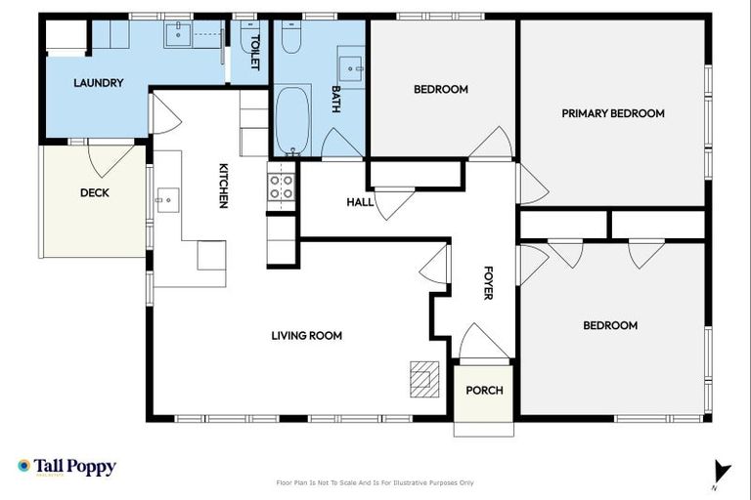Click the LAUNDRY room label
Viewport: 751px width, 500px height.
coord(99,83)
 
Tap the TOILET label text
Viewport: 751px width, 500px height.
coord(255,50)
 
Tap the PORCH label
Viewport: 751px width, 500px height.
coord(484,391)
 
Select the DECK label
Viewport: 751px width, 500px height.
coord(95,193)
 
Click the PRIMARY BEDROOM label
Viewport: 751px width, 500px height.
coord(613,113)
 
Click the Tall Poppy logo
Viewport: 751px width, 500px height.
coord(66,467)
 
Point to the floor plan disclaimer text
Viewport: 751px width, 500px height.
coord(375,482)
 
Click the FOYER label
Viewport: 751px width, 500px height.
coord(489,282)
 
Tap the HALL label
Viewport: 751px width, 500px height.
coord(360,202)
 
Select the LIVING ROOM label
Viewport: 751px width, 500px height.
coord(307,335)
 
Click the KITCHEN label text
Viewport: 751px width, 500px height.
coord(223,186)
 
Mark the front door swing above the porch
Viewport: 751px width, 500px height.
coord(483,343)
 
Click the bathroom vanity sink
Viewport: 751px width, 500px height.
coord(350,67)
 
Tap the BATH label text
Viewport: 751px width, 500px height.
coord(335,99)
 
